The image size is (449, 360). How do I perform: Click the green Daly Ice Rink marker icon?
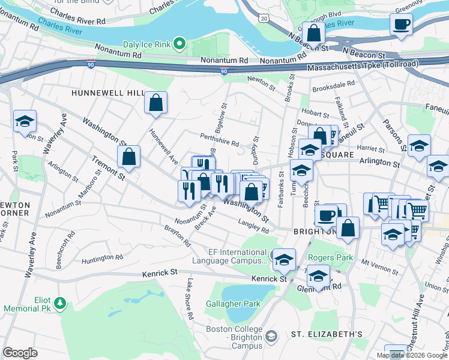tap(179, 43)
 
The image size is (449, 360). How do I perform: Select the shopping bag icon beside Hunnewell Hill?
tap(156, 103)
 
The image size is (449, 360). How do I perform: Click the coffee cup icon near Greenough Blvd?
tap(401, 25)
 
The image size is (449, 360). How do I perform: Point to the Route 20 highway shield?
tap(264, 19)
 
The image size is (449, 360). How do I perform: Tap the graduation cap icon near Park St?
tap(25, 121)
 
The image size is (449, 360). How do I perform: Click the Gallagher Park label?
tap(233, 304)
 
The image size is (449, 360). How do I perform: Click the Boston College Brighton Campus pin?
tap(272, 337)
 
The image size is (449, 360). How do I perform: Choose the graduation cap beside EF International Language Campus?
tap(284, 259)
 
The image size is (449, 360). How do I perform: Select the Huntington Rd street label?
tap(102, 257)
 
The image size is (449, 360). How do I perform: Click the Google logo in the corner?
tap(20, 353)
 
